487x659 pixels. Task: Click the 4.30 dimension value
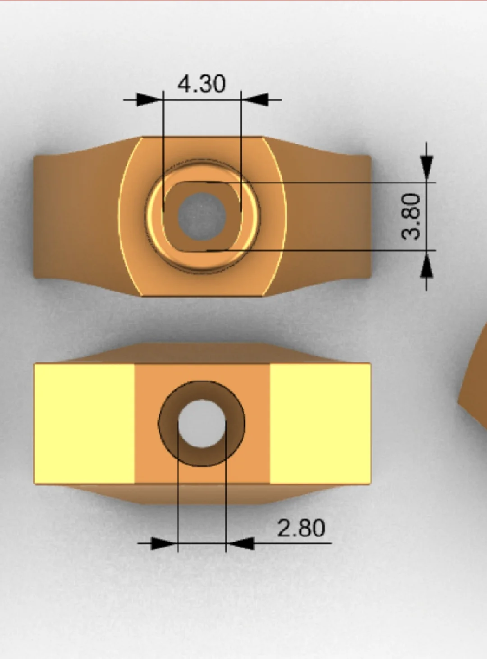point(201,84)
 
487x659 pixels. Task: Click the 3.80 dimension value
point(411,216)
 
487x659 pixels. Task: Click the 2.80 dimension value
point(301,528)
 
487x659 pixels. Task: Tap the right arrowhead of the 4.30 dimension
point(256,100)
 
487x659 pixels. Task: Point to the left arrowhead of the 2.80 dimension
point(163,543)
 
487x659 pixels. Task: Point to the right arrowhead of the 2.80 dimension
point(241,543)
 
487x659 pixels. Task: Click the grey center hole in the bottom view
point(202,424)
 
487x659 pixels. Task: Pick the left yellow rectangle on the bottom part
point(84,424)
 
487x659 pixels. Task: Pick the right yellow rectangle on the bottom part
point(320,424)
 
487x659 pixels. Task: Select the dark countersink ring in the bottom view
point(168,424)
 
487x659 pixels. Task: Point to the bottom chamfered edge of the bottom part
point(203,494)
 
